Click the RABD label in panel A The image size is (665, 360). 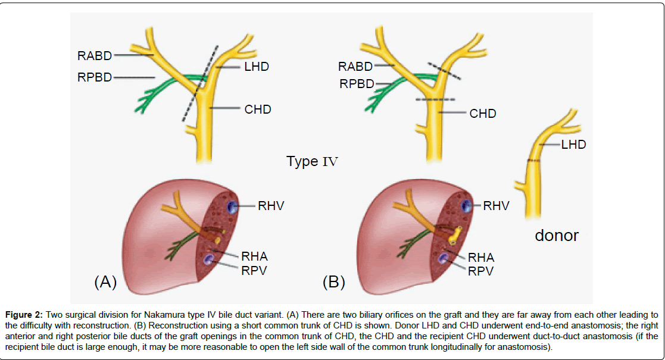point(95,56)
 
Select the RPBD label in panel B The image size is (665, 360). point(357,84)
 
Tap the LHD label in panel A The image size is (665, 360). point(257,67)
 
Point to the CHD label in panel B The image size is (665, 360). point(483,114)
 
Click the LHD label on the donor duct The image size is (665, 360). point(573,145)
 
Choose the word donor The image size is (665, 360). point(557,235)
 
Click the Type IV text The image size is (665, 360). point(312,162)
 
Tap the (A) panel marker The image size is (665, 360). point(105,281)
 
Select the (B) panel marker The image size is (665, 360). point(334,282)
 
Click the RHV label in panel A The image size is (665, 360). point(271,206)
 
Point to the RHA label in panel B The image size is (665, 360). point(481,258)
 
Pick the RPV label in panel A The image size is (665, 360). point(254,271)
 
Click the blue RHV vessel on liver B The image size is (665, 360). point(467,206)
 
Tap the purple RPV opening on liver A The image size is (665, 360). point(208,259)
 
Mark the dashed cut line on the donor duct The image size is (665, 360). point(533,161)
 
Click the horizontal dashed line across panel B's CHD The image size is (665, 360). point(435,99)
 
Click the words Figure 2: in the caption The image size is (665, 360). point(24,315)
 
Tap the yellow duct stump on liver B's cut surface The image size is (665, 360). point(455,236)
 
